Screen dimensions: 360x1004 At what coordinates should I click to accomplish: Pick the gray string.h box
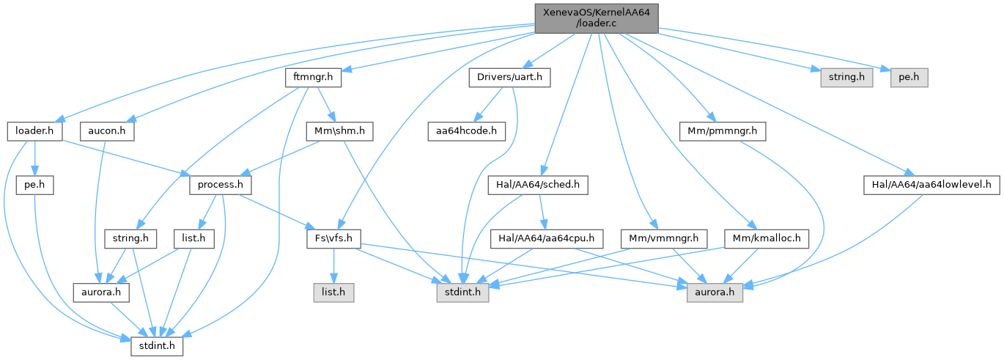pos(842,77)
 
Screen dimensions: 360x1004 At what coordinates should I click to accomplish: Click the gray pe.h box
pos(909,77)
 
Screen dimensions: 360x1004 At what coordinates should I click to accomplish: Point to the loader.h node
pos(34,131)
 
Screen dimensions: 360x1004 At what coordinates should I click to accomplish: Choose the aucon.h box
pos(107,131)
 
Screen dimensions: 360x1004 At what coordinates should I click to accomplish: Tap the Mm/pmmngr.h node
pos(723,131)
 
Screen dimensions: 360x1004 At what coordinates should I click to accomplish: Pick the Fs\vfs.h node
pos(334,238)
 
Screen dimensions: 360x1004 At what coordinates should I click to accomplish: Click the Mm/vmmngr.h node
pos(664,238)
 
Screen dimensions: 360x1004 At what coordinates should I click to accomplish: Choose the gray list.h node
pos(333,293)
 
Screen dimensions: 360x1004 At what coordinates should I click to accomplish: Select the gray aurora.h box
pos(715,293)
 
